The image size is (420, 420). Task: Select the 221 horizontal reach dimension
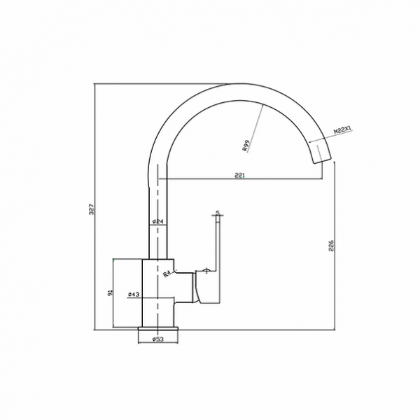[239, 176]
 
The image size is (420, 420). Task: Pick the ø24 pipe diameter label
[157, 222]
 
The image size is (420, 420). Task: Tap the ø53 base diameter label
[159, 339]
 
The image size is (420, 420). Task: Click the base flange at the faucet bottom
[159, 328]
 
